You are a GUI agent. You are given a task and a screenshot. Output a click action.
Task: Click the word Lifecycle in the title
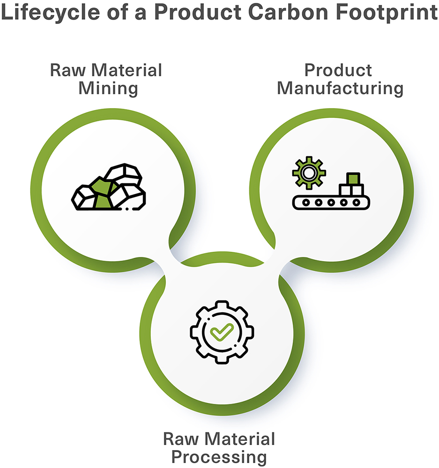pos(50,13)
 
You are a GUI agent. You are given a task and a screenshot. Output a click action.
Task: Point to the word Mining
pos(108,89)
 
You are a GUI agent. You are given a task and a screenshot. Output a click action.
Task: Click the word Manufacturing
pos(340,89)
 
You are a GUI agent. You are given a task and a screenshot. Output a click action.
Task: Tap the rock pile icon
pos(109,187)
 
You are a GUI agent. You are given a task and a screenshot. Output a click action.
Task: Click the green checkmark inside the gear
pos(222,332)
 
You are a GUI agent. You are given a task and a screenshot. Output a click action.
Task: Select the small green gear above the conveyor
pos(309,173)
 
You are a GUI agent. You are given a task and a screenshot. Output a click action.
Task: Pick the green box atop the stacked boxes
pos(353,178)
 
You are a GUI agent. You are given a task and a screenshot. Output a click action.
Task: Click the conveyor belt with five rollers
pos(331,203)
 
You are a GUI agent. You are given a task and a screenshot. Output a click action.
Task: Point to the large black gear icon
pos(222,332)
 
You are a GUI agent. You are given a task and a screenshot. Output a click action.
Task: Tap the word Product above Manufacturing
pos(338,71)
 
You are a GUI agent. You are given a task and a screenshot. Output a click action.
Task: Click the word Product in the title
pos(198,12)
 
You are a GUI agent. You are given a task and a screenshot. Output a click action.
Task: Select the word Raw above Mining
pos(68,71)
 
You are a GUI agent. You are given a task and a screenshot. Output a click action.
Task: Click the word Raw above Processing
pos(181,439)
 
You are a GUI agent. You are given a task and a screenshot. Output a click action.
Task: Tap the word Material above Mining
pos(126,71)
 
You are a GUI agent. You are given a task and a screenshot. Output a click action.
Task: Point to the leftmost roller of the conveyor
pos(306,203)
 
